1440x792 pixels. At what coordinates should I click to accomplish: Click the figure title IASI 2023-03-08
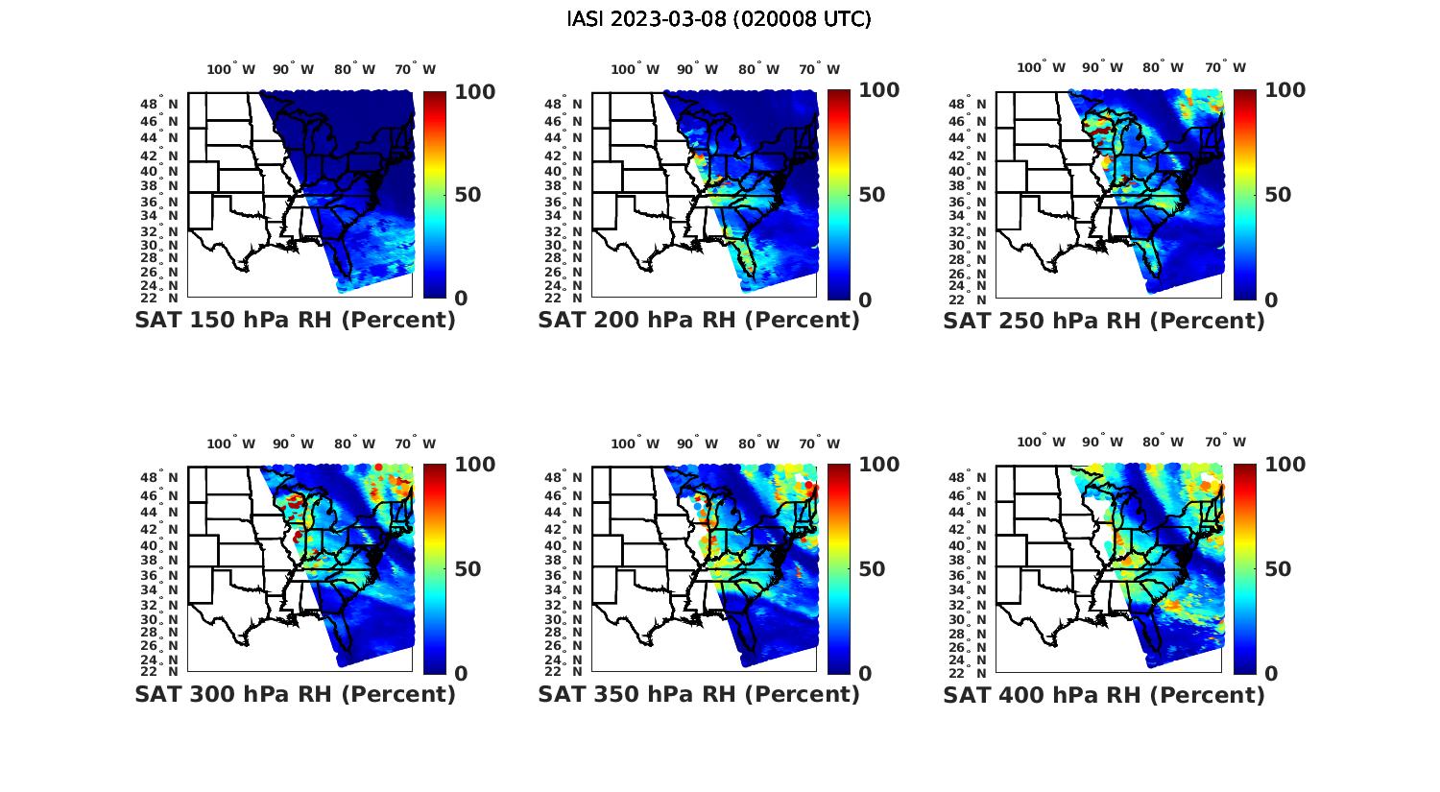point(719,19)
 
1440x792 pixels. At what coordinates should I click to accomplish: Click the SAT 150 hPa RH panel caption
point(295,321)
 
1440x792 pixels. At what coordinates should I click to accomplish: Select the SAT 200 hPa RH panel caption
point(699,321)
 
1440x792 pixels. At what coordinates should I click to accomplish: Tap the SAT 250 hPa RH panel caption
point(1104,321)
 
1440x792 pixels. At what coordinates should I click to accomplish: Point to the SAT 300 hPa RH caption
point(295,694)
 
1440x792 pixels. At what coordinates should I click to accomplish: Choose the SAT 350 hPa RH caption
point(699,694)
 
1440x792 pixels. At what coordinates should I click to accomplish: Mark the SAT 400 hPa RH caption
point(1104,694)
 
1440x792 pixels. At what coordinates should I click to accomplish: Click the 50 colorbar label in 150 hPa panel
point(468,195)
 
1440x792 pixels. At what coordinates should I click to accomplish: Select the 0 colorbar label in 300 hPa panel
point(461,674)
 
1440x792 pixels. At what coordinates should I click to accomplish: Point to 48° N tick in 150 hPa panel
point(160,104)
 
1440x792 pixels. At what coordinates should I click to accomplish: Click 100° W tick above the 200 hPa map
point(636,69)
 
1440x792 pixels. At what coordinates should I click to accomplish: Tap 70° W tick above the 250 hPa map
point(1225,67)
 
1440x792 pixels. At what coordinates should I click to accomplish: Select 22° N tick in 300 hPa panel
point(160,671)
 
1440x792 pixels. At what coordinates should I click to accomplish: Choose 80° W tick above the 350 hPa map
point(758,444)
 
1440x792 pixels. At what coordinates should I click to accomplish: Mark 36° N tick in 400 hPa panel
point(969,575)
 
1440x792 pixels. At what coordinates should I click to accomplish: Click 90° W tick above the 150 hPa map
point(293,69)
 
